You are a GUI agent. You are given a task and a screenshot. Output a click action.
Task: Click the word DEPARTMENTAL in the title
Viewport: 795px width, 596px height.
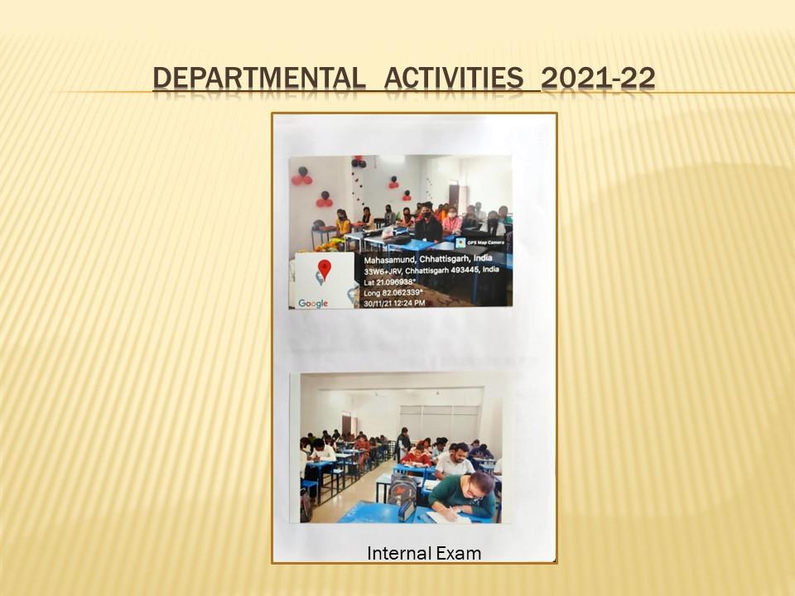[x=259, y=79]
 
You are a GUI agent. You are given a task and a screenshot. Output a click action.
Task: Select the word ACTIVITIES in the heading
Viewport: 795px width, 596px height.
[x=454, y=79]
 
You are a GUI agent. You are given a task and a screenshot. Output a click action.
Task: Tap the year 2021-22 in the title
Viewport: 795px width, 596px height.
[x=598, y=79]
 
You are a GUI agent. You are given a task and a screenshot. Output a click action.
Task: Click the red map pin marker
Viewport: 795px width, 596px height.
[x=324, y=269]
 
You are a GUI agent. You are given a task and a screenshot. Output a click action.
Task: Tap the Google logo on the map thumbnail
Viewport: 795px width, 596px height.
[x=313, y=304]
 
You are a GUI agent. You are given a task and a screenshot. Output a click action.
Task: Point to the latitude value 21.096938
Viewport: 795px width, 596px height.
[x=396, y=281]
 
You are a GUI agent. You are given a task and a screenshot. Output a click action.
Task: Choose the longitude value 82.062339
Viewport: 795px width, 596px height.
[x=401, y=292]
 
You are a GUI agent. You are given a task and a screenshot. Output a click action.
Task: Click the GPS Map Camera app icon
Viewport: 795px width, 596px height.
[x=460, y=243]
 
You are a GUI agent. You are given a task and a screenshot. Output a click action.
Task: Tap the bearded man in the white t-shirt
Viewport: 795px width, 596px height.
[x=455, y=461]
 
